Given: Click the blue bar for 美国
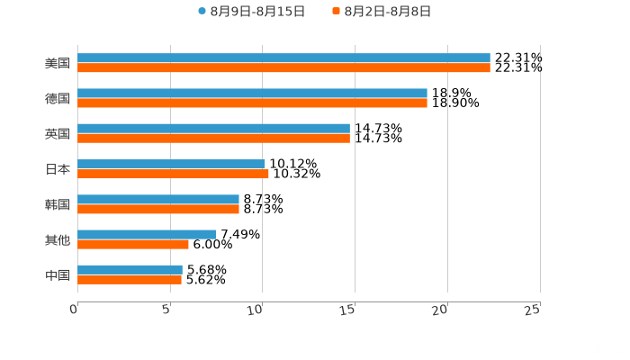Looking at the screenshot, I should pos(283,58).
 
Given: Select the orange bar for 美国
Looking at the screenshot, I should pos(283,67).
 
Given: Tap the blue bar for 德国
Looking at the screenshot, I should pos(252,94).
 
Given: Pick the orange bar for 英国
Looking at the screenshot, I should pos(213,139).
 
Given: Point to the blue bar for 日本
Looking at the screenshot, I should pos(171,164).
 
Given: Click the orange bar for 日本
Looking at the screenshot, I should pos(173,174).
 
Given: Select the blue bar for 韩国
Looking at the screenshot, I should pos(158,199).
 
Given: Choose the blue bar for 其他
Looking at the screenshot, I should pos(147,234).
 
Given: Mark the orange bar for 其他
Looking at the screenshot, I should pos(133,244).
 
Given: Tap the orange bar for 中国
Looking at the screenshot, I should pos(130,279).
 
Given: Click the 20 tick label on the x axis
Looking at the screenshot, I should pos(440,310).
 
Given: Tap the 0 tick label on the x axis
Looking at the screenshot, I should pos(75,310).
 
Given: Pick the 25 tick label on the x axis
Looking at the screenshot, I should pos(532,310).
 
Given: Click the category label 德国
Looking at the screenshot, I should pos(58,98).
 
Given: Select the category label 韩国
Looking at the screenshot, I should pos(58,204).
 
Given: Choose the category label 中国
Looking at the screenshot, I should pos(58,274).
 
